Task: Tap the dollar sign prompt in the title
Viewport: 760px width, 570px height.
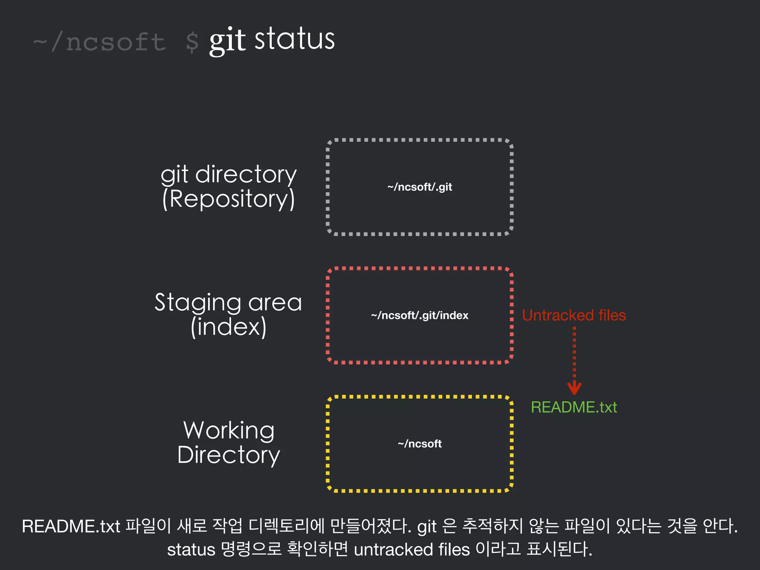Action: click(192, 42)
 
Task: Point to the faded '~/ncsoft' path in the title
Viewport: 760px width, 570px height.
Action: click(99, 42)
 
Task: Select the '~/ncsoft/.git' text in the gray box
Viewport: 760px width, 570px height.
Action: click(420, 187)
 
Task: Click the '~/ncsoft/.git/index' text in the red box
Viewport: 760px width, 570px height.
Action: click(420, 315)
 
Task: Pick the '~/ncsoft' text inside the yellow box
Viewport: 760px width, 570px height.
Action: click(420, 443)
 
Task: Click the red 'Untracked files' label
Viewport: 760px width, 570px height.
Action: click(574, 315)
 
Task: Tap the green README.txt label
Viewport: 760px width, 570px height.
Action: click(574, 407)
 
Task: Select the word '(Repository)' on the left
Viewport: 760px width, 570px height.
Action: click(229, 199)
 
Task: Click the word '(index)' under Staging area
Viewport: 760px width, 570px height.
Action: click(229, 327)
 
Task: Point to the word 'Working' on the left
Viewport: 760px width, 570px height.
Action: click(229, 430)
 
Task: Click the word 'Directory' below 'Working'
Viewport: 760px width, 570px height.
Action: click(229, 455)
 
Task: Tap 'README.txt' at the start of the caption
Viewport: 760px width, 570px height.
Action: click(71, 526)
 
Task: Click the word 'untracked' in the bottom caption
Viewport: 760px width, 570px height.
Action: click(393, 550)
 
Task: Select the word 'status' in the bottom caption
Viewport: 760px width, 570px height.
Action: click(191, 550)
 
